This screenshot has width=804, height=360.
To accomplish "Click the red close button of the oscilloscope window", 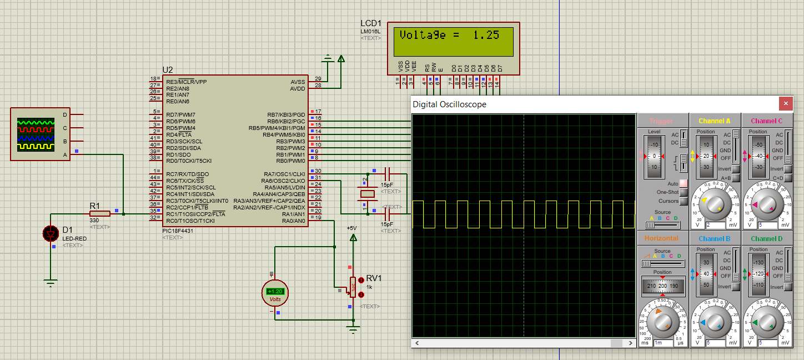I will tap(785, 103).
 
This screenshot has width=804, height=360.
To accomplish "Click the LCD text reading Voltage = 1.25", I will tap(449, 35).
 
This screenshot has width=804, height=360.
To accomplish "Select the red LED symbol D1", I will tap(51, 234).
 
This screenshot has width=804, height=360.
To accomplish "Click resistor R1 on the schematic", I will tap(100, 213).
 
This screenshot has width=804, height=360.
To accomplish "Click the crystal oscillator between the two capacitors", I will tap(367, 194).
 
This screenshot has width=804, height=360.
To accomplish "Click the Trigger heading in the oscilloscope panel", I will tap(661, 121).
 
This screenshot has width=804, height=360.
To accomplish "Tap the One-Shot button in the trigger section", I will tap(684, 192).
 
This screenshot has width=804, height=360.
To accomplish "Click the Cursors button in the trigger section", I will tap(684, 201).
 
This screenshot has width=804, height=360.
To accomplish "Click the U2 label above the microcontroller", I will tap(167, 70).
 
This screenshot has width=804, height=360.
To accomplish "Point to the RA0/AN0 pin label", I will tap(293, 221).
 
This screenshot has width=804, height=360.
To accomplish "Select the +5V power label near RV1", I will tap(351, 228).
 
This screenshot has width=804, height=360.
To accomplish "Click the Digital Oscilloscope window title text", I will tap(449, 104).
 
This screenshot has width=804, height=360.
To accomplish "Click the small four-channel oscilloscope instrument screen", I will tap(36, 134).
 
